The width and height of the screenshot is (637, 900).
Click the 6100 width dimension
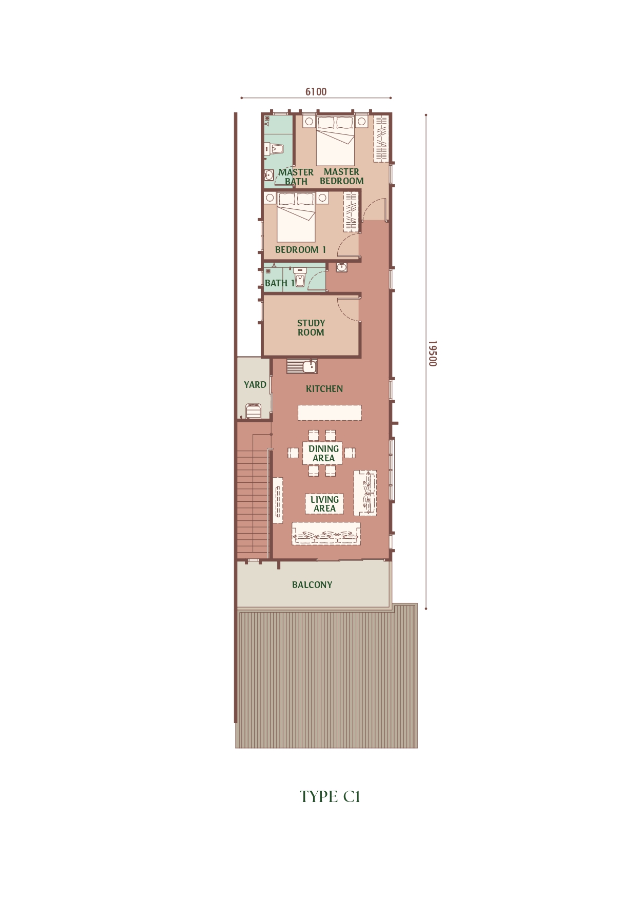[x=316, y=92]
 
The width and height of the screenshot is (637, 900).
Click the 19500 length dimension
[x=432, y=353]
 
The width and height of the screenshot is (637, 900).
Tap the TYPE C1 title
[x=330, y=796]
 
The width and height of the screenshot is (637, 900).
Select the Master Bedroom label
[x=342, y=177]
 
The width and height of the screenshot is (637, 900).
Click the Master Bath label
[x=296, y=177]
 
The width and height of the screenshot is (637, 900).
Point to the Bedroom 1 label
[x=300, y=250]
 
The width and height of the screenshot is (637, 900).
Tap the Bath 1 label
[x=280, y=283]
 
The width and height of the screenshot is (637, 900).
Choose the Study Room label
[x=311, y=328]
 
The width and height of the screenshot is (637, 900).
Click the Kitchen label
[x=324, y=389]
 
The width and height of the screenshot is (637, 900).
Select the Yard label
[x=255, y=385]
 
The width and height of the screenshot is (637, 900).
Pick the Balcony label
[x=312, y=585]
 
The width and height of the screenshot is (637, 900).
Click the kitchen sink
[x=302, y=366]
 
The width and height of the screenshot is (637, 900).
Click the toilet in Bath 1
[x=300, y=277]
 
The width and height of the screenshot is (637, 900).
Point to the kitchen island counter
[x=330, y=413]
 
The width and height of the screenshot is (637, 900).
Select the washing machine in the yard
[x=254, y=412]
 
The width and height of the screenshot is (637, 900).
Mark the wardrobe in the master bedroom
[x=381, y=139]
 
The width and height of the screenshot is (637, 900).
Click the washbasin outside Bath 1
[x=342, y=267]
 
